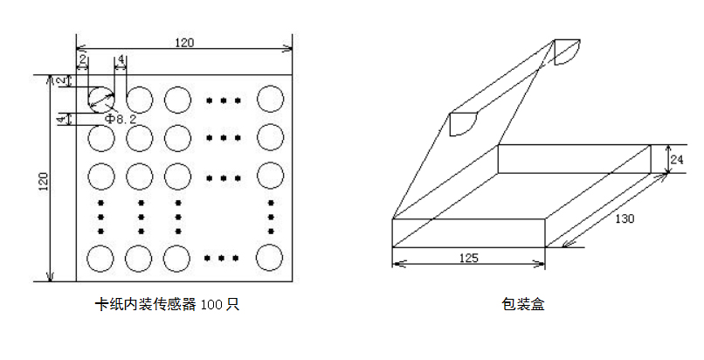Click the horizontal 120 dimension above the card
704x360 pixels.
coord(184,42)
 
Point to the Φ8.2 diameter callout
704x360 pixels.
coord(121,119)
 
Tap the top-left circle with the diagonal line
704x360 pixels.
coord(100,98)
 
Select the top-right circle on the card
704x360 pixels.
coord(270,98)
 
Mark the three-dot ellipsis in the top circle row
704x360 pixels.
coord(223,100)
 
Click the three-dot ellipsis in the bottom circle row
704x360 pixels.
coord(223,258)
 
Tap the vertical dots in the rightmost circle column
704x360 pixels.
coord(271,217)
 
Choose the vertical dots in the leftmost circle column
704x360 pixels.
coord(101,217)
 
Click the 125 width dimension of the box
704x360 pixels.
coord(469,259)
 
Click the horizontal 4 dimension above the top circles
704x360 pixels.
coord(121,59)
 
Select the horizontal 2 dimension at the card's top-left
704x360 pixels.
coord(82,59)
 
